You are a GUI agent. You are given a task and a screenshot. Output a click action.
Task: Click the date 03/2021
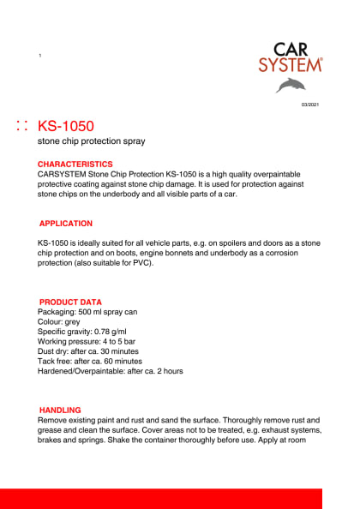tap(309, 105)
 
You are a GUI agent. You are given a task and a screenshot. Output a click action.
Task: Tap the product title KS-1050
tap(66, 126)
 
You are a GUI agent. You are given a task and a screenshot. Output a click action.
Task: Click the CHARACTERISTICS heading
tap(75, 164)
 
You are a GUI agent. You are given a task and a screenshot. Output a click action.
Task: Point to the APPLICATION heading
tap(66, 224)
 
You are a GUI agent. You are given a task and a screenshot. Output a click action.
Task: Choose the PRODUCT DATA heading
tap(71, 302)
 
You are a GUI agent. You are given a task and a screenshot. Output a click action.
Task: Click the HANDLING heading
tap(60, 410)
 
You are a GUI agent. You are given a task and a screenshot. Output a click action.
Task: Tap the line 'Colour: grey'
tap(59, 322)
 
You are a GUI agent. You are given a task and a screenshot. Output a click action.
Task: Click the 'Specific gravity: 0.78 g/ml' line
tap(82, 332)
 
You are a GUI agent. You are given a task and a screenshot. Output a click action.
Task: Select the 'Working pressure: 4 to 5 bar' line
tap(85, 342)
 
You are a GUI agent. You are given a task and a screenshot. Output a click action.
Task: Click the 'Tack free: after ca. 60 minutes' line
tap(90, 362)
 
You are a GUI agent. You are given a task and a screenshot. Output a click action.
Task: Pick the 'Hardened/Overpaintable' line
tap(111, 371)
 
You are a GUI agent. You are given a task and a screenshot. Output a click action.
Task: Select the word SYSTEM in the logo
tap(291, 65)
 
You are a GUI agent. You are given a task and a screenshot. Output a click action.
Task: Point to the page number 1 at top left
tap(39, 56)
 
